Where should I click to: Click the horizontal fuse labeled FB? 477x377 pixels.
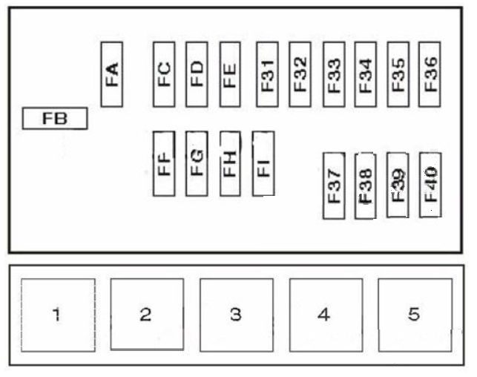(55, 118)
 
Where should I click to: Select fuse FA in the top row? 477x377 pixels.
(111, 74)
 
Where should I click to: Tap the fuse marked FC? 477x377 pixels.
(164, 74)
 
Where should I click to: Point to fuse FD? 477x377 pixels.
(197, 74)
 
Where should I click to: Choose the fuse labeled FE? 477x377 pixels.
(230, 74)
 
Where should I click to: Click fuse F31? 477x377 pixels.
(267, 74)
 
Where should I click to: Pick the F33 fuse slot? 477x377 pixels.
(334, 74)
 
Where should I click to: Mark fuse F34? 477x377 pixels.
(366, 74)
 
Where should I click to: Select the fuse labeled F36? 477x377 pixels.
(430, 74)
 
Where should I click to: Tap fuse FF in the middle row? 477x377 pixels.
(164, 164)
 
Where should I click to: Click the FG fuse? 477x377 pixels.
(197, 164)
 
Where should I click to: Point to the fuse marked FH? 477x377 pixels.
(230, 164)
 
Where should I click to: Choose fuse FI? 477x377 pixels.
(263, 164)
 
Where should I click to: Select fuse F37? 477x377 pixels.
(334, 186)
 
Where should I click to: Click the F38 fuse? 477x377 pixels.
(366, 186)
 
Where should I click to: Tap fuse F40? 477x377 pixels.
(430, 186)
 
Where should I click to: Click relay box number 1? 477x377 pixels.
(58, 315)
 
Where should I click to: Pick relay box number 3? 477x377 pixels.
(237, 315)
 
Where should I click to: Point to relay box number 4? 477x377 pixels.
(326, 315)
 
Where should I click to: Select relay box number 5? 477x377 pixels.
(415, 315)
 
